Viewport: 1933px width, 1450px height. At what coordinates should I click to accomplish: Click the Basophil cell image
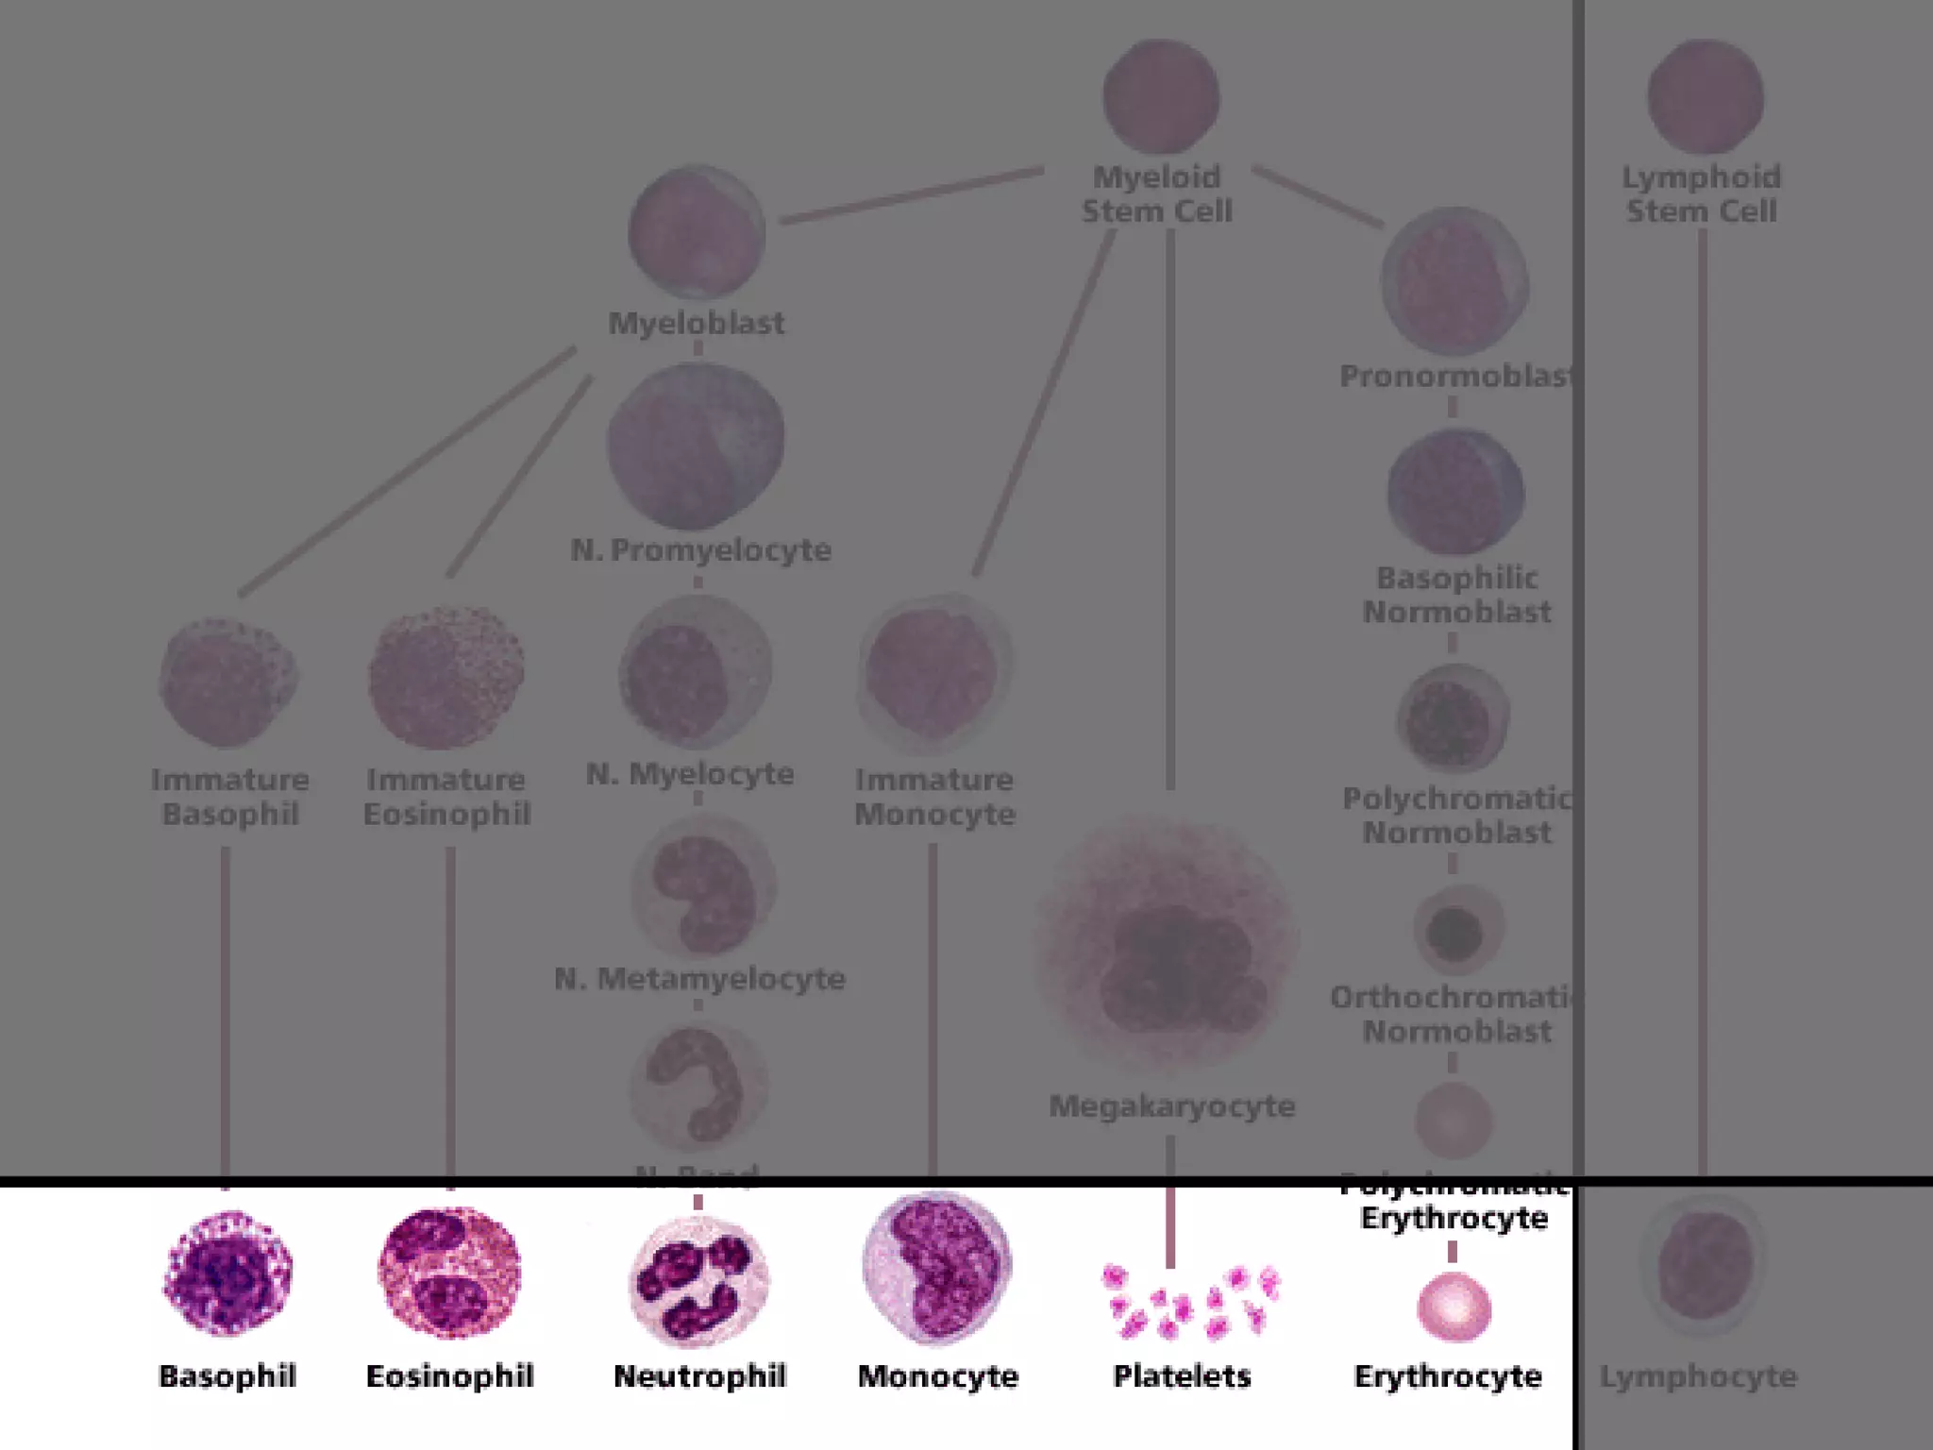[x=227, y=1273]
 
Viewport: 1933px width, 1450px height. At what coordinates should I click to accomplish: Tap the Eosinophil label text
[x=449, y=1376]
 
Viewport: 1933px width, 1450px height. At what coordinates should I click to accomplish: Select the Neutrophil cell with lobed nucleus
[x=698, y=1281]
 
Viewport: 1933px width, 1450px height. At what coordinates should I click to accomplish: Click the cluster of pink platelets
[x=1190, y=1302]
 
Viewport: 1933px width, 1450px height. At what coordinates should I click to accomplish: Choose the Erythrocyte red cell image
[x=1454, y=1307]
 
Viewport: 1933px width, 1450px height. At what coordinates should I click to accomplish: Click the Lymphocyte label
[x=1698, y=1376]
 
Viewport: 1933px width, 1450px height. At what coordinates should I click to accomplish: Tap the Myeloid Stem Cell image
[x=1161, y=96]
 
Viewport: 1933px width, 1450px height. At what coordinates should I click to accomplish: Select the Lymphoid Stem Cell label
[x=1701, y=194]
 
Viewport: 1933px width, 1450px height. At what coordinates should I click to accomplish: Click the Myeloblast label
[x=697, y=323]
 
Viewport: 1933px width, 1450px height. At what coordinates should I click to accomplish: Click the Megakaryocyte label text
[x=1171, y=1105]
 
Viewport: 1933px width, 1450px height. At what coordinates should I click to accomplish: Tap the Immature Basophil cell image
[x=228, y=682]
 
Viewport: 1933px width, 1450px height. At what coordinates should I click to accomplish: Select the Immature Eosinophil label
[x=446, y=797]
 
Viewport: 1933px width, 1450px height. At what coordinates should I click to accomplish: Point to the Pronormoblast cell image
[x=1454, y=281]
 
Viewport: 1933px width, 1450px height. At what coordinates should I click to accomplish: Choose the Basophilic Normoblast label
[x=1456, y=595]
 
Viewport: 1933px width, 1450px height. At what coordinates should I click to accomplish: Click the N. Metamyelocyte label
[x=699, y=979]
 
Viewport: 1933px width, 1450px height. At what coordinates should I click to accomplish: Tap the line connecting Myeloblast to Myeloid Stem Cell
[x=912, y=195]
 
